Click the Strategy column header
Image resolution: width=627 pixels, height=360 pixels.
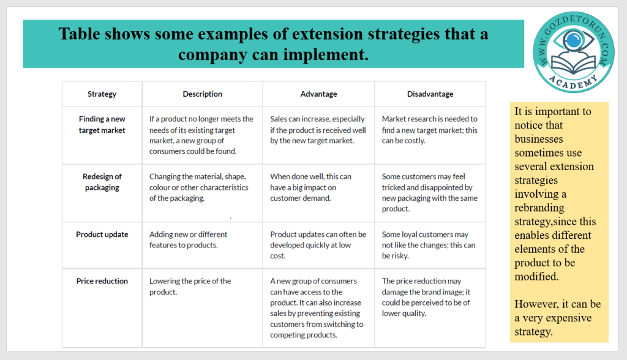coord(102,94)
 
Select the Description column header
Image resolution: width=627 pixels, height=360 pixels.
coord(202,94)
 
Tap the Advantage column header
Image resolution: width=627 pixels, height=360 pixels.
coord(318,94)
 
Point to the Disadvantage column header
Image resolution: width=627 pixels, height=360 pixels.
coord(430,94)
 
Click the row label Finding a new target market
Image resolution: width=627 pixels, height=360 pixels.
coord(102,124)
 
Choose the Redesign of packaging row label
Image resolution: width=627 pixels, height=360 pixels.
coord(102,182)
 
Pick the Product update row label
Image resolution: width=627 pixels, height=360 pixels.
coord(102,234)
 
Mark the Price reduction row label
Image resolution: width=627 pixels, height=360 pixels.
coord(102,281)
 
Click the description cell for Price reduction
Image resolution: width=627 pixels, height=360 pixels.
coord(190,287)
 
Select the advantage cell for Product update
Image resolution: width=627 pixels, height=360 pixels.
coord(318,245)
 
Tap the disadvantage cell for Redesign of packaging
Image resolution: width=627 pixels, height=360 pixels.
coord(430,192)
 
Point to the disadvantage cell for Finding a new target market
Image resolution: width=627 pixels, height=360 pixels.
coord(430,130)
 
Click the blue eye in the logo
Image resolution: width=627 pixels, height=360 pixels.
coord(574,40)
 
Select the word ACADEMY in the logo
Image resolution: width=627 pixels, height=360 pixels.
coord(573,81)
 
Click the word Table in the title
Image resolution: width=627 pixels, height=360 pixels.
coord(80,34)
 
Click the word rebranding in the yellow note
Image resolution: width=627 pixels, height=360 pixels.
coord(539,208)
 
